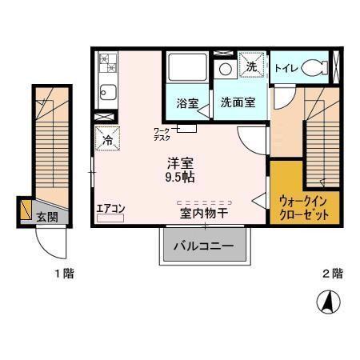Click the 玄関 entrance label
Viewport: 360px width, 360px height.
[x=46, y=217]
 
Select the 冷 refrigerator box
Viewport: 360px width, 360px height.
[x=107, y=139]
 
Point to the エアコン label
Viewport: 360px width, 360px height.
[x=110, y=209]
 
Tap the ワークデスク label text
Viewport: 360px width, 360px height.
[x=162, y=133]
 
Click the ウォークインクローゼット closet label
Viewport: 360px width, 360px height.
[x=305, y=208]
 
